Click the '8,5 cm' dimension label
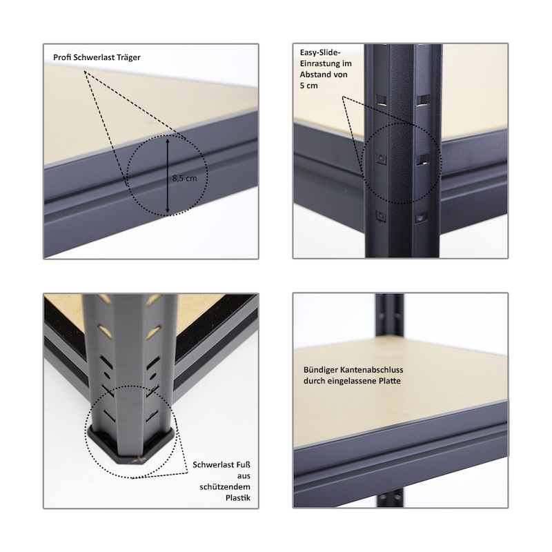coord(184,178)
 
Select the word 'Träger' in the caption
coord(129,58)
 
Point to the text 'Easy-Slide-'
coord(320,53)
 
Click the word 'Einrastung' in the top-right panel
coord(320,63)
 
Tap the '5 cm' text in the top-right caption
coord(308,86)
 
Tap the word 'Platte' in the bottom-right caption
coord(390,381)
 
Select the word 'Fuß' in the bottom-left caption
coord(243,464)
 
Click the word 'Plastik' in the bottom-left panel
coord(238,497)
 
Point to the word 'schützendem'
coord(226,487)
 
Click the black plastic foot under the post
coord(130,446)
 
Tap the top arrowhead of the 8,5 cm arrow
coord(168,140)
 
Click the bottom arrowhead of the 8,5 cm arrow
coord(168,212)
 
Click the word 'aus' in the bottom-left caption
coord(244,476)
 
